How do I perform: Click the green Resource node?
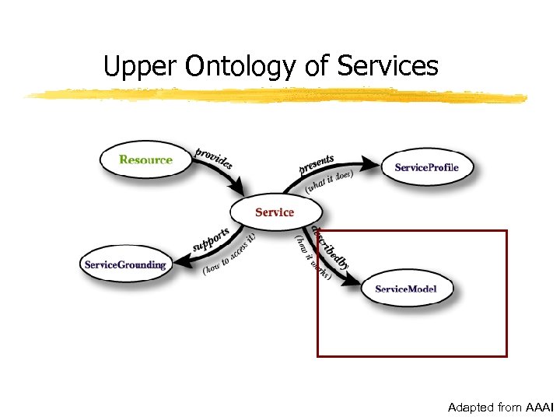145,160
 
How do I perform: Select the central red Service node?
274,212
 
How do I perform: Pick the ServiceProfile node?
426,167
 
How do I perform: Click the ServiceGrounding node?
125,264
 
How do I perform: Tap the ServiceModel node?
405,289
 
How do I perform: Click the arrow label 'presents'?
317,164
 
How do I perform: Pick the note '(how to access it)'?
229,254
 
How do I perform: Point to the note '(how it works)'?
312,257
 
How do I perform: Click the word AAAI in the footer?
540,408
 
